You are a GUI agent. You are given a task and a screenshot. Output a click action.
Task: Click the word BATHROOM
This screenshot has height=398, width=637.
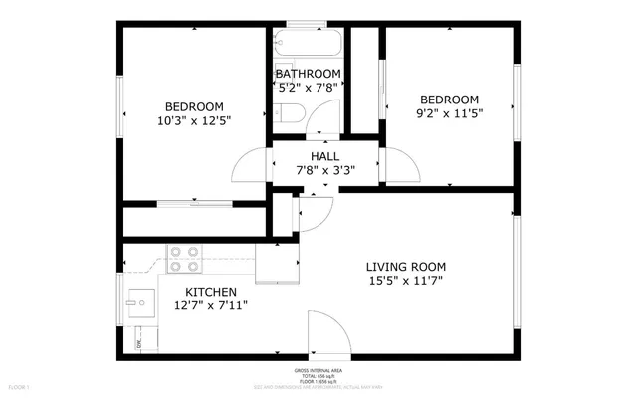[309, 74]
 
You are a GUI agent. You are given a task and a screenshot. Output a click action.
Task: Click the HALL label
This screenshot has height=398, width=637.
[324, 156]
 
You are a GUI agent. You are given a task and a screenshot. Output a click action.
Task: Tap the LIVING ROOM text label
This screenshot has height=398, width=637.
[405, 267]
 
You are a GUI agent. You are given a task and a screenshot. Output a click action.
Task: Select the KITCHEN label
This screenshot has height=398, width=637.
[209, 291]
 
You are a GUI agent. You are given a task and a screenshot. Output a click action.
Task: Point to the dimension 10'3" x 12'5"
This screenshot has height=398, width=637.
[194, 122]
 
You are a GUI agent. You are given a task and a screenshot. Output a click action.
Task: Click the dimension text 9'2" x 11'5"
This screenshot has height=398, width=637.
[449, 114]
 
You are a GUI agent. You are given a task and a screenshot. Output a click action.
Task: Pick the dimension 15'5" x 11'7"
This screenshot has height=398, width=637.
[405, 282]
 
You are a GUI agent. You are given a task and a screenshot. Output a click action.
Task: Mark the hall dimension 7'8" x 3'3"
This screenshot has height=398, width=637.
[324, 170]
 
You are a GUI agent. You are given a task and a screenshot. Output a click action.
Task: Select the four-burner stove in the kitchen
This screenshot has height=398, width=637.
[181, 259]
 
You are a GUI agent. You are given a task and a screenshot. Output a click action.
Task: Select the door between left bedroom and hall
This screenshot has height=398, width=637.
[251, 167]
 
